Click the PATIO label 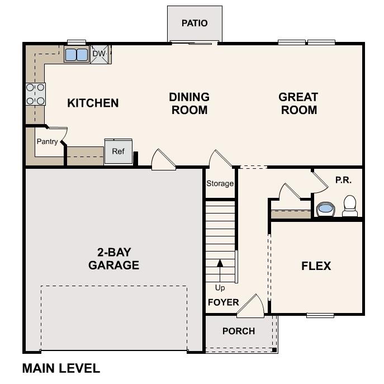pyautogui.click(x=195, y=23)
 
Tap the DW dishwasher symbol pyautogui.click(x=99, y=54)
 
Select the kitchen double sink pyautogui.click(x=77, y=55)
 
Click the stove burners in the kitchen pyautogui.click(x=35, y=94)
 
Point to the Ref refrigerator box pyautogui.click(x=118, y=151)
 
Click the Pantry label pyautogui.click(x=47, y=141)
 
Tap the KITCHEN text pyautogui.click(x=93, y=103)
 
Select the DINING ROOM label pyautogui.click(x=189, y=103)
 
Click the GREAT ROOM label pyautogui.click(x=298, y=103)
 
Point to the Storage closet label pyautogui.click(x=220, y=183)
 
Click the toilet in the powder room pyautogui.click(x=350, y=205)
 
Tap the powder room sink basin pyautogui.click(x=325, y=210)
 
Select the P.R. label pyautogui.click(x=343, y=180)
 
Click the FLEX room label pyautogui.click(x=316, y=266)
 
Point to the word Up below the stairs pyautogui.click(x=220, y=287)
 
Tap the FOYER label pyautogui.click(x=224, y=302)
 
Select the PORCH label pyautogui.click(x=239, y=331)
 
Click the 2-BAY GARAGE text pyautogui.click(x=113, y=258)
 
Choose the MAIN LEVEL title pyautogui.click(x=61, y=368)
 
